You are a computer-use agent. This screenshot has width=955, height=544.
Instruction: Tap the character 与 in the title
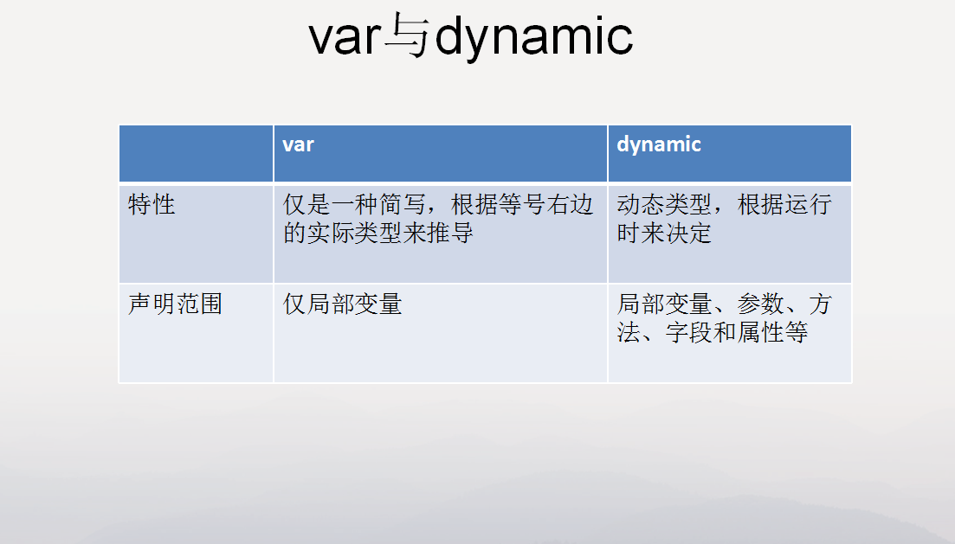coord(408,35)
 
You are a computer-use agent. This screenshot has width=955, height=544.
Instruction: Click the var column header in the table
coord(298,144)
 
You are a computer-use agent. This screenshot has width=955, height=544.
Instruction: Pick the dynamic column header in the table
coord(659,144)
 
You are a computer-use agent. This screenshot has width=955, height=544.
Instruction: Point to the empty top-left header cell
coord(197,153)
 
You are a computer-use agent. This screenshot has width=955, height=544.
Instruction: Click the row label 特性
coord(152,204)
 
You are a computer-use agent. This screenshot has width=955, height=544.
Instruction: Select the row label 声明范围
coord(176,304)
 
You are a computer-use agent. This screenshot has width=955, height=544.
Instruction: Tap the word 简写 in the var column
coord(403,204)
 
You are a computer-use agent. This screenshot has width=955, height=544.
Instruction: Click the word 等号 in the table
coord(522,204)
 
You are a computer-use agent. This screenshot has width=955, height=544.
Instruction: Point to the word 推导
coord(450,233)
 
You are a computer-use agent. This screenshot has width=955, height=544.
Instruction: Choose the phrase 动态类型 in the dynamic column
coord(664,204)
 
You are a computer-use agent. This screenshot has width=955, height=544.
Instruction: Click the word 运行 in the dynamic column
coord(808,204)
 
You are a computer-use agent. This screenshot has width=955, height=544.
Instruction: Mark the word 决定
coord(688,233)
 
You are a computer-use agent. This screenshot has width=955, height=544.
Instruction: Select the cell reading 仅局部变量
coord(342,304)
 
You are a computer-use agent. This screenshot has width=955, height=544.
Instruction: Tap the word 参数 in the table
coord(760,304)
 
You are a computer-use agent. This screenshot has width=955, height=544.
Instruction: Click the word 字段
coord(689,332)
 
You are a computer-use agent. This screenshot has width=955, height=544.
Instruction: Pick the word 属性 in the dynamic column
coord(760,332)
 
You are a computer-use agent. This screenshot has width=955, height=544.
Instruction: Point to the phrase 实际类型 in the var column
coord(354,233)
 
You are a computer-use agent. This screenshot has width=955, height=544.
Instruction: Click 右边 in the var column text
coord(570,204)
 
